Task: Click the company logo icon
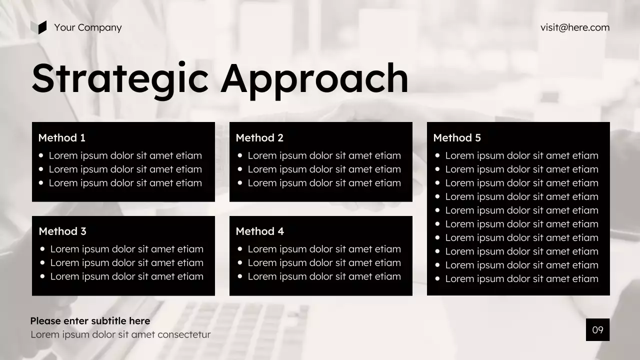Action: tap(38, 27)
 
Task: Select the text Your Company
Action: tap(87, 27)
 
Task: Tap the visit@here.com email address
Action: tap(575, 27)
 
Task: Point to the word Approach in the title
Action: tap(314, 79)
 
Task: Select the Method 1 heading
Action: tap(62, 138)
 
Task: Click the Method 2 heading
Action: tap(259, 138)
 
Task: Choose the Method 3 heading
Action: tap(62, 231)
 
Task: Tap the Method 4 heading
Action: tap(259, 231)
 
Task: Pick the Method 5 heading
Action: tap(457, 138)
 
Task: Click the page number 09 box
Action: tap(597, 329)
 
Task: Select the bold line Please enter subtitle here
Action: tap(90, 321)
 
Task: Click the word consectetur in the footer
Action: tap(184, 334)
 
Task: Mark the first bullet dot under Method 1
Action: tap(41, 155)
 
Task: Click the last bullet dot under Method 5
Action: tap(438, 279)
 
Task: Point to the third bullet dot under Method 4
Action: tap(240, 276)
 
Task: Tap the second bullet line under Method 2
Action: tap(324, 169)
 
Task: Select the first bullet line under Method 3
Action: tap(126, 249)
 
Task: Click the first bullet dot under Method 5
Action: tap(438, 155)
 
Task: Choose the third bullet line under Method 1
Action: tap(125, 183)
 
